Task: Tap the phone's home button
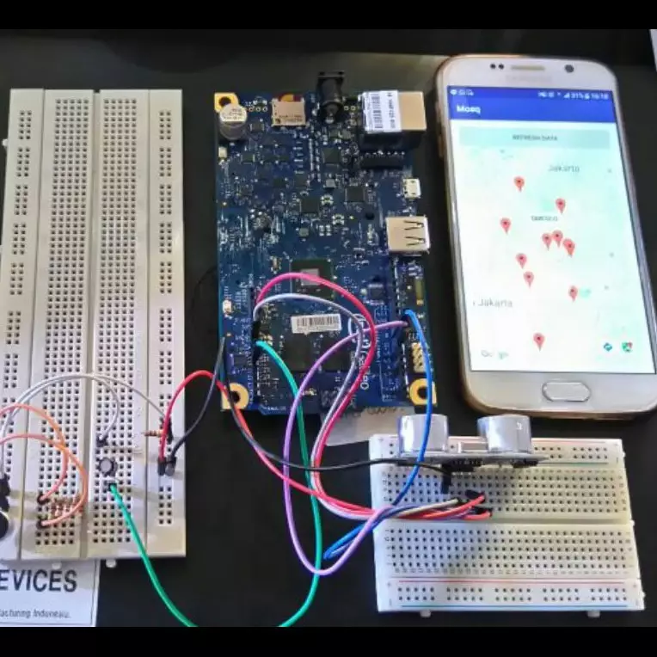tap(566, 391)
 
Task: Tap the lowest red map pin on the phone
tap(539, 341)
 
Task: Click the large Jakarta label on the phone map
tap(494, 303)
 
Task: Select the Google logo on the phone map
tap(494, 353)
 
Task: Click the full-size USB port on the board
tap(408, 234)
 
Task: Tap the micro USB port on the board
tap(414, 187)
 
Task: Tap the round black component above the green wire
tap(106, 464)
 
